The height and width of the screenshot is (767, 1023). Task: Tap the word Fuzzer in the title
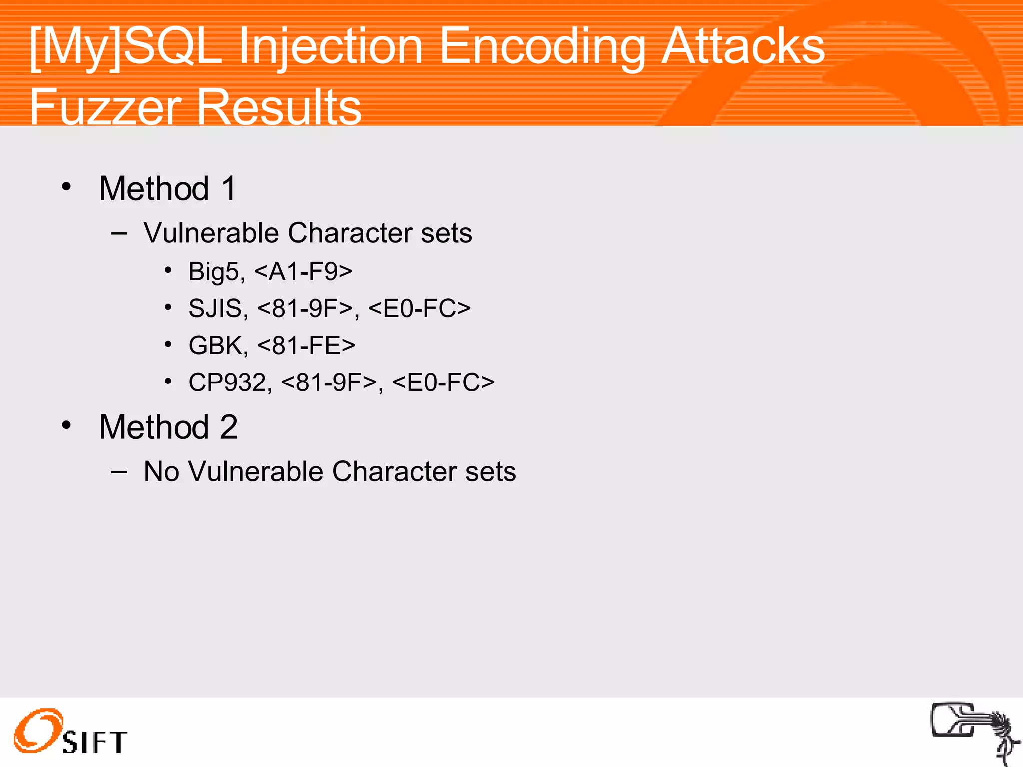105,107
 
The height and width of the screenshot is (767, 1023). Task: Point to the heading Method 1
167,189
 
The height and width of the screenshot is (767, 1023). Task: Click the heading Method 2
168,427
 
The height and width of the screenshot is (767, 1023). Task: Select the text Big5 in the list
214,272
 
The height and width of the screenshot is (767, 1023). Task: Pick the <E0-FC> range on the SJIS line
419,308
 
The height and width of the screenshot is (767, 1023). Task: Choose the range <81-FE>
306,345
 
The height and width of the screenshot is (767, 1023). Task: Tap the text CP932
228,383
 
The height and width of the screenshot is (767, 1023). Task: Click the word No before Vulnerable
161,471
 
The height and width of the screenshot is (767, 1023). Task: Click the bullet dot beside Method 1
67,187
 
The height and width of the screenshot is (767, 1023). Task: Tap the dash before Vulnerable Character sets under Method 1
119,232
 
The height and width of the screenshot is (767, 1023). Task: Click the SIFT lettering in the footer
95,742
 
